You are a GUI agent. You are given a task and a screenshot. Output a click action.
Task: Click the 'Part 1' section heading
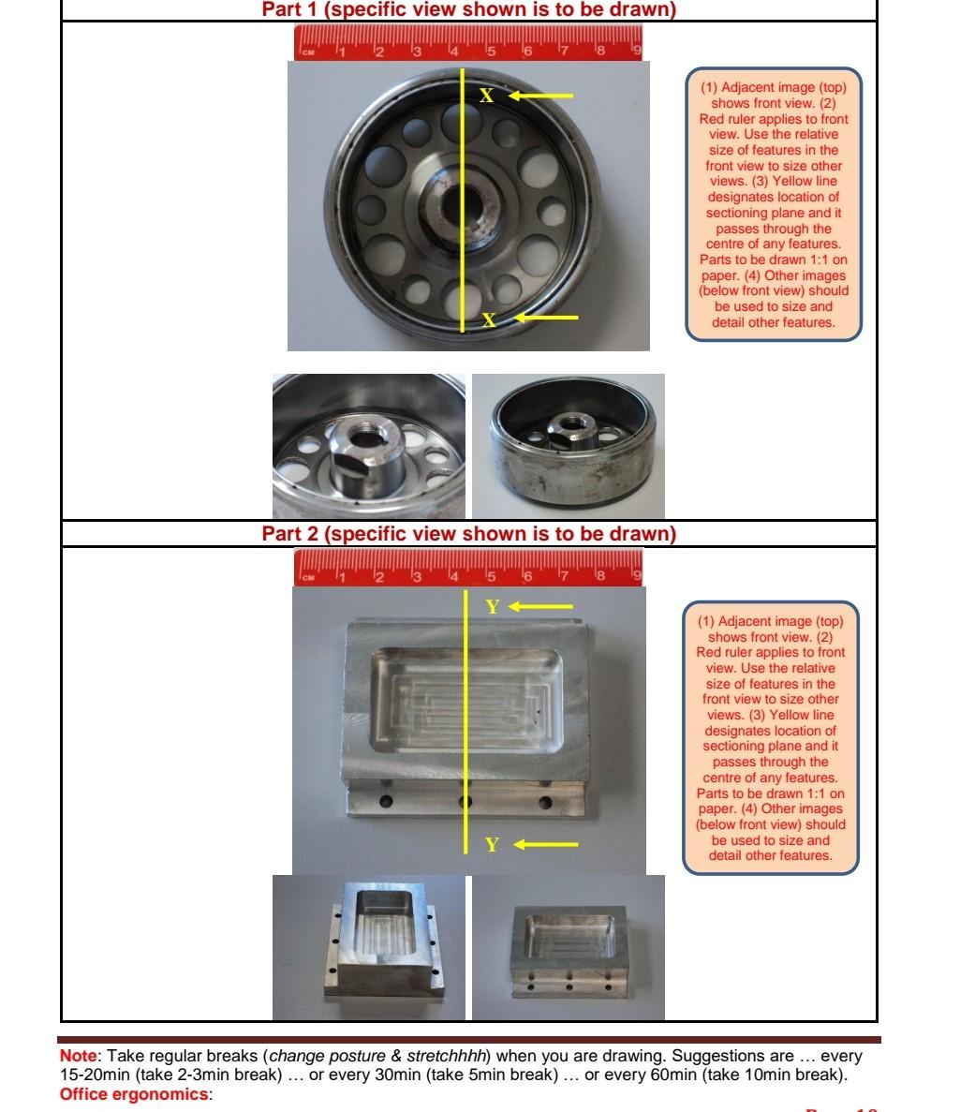click(468, 10)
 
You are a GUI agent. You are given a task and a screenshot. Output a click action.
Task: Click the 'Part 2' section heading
click(468, 534)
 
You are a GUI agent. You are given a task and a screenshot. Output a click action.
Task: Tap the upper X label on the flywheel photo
click(486, 96)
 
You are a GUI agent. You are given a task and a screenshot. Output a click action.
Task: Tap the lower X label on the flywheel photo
click(488, 319)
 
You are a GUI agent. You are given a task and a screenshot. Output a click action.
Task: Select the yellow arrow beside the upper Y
click(540, 607)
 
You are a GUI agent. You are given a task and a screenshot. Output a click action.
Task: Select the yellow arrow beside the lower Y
click(545, 845)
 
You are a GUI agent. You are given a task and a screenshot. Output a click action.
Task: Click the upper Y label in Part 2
click(493, 607)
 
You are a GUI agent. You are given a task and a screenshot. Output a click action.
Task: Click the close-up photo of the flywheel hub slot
click(369, 446)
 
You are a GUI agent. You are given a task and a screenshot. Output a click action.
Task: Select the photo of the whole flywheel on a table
click(569, 446)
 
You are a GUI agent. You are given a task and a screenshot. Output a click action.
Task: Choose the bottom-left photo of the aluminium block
click(369, 947)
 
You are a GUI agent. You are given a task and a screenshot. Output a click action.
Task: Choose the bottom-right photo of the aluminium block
click(569, 947)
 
